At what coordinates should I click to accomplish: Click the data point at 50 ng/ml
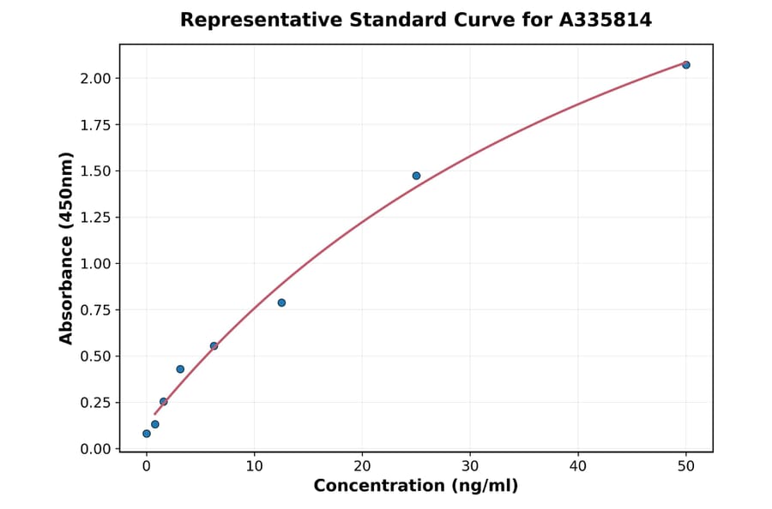click(686, 65)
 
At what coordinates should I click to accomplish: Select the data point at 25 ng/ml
click(416, 176)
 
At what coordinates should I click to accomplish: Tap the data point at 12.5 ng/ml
click(281, 302)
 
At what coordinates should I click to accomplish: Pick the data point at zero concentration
click(147, 434)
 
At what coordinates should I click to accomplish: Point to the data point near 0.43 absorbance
click(180, 369)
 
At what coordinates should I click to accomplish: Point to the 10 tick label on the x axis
click(254, 466)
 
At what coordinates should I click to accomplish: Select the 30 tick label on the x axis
click(470, 466)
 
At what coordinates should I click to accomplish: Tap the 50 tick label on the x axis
click(686, 466)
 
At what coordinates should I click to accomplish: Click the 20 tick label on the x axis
click(362, 466)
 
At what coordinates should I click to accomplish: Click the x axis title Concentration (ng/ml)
click(416, 486)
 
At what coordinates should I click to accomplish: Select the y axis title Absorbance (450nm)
click(67, 248)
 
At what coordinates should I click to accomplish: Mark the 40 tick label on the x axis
click(578, 466)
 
